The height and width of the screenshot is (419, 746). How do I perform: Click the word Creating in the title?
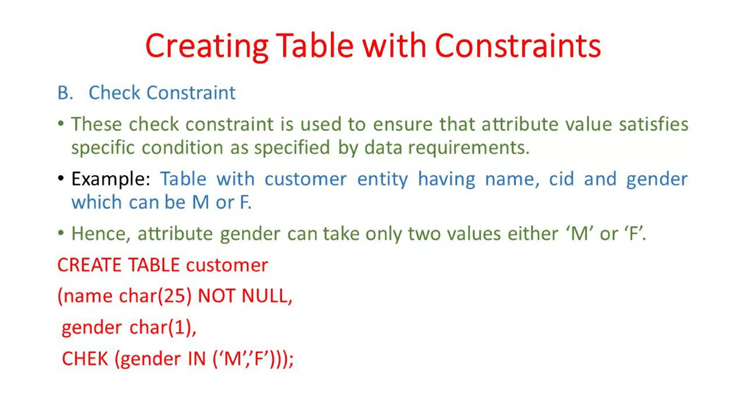pyautogui.click(x=207, y=46)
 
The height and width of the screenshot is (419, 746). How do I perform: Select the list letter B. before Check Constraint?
pyautogui.click(x=65, y=93)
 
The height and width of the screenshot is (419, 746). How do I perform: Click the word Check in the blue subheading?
pyautogui.click(x=114, y=93)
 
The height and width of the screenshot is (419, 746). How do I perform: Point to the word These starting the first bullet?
pyautogui.click(x=96, y=124)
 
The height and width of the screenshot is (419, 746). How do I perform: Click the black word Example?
pyautogui.click(x=111, y=179)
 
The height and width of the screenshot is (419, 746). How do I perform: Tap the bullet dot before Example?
pyautogui.click(x=61, y=178)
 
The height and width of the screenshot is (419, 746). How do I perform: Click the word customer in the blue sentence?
pyautogui.click(x=305, y=179)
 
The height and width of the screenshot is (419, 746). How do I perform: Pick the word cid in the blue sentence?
pyautogui.click(x=561, y=179)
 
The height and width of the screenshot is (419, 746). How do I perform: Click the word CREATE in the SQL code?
pyautogui.click(x=89, y=265)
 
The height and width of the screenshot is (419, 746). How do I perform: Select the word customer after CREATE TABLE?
pyautogui.click(x=227, y=265)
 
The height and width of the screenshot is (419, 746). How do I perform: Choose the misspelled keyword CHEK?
pyautogui.click(x=85, y=359)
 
